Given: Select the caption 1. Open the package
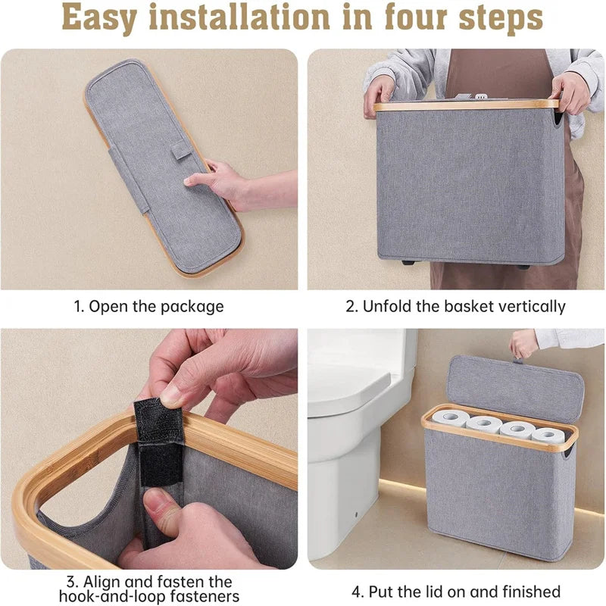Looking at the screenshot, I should [149, 307].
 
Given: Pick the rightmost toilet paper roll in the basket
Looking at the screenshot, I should [547, 436].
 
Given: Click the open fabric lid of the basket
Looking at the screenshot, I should [515, 389].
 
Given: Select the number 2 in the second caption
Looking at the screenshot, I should [351, 307].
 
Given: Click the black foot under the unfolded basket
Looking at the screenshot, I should [407, 262].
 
